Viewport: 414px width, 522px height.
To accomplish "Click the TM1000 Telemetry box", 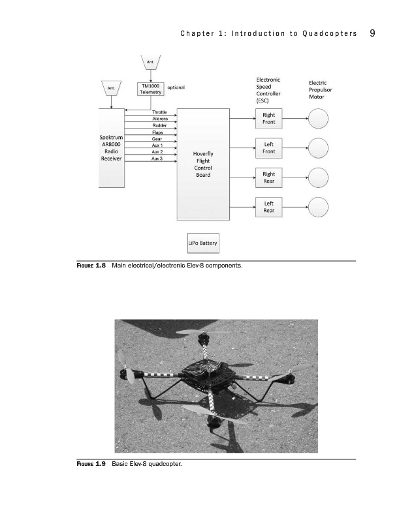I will point(150,89).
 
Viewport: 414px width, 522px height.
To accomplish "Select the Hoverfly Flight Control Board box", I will point(203,164).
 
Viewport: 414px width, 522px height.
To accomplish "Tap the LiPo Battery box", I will point(203,243).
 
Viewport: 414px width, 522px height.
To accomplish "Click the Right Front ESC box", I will point(268,119).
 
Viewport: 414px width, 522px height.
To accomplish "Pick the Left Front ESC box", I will point(268,148).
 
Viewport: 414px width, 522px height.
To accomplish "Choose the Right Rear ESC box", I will point(268,177).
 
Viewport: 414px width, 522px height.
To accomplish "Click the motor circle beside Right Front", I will point(318,119).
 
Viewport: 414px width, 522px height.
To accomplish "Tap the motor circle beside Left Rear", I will point(318,207).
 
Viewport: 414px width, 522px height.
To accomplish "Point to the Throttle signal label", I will point(159,112).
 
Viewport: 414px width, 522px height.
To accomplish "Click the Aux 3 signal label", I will point(157,158).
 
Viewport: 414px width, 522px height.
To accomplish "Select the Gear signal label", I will point(157,138).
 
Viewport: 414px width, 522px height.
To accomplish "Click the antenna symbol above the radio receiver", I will point(112,88).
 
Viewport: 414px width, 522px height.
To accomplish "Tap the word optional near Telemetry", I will point(176,87).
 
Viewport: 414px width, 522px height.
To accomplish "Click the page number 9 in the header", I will point(371,33).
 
